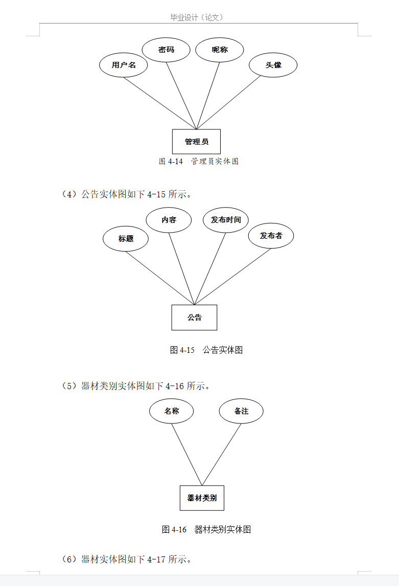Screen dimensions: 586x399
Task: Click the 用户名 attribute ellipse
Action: [x=124, y=65]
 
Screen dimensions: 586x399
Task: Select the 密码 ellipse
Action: [x=166, y=50]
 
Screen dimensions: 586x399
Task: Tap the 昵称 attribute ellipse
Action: [x=220, y=50]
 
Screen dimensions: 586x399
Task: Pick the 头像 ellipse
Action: [x=273, y=65]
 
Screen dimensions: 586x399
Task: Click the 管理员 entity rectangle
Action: [x=196, y=142]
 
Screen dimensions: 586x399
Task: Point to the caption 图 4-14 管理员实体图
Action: [x=199, y=162]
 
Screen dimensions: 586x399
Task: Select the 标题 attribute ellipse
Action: [x=126, y=239]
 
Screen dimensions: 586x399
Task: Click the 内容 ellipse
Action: [x=169, y=220]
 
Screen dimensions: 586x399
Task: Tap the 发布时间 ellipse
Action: [x=226, y=220]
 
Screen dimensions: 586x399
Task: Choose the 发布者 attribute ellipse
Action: [x=271, y=236]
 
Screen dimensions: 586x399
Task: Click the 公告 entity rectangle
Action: [x=194, y=318]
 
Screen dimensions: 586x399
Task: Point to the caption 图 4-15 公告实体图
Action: [x=206, y=350]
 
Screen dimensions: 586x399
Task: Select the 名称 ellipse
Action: [x=172, y=411]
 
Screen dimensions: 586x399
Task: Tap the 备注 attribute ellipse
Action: [x=241, y=411]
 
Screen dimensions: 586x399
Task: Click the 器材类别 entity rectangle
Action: [x=202, y=498]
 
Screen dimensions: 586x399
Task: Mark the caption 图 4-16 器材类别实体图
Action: [x=206, y=529]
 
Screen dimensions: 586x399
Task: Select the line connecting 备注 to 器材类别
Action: [x=222, y=455]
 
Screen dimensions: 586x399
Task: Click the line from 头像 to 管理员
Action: [x=228, y=103]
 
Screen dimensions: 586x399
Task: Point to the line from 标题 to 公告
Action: [x=160, y=278]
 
